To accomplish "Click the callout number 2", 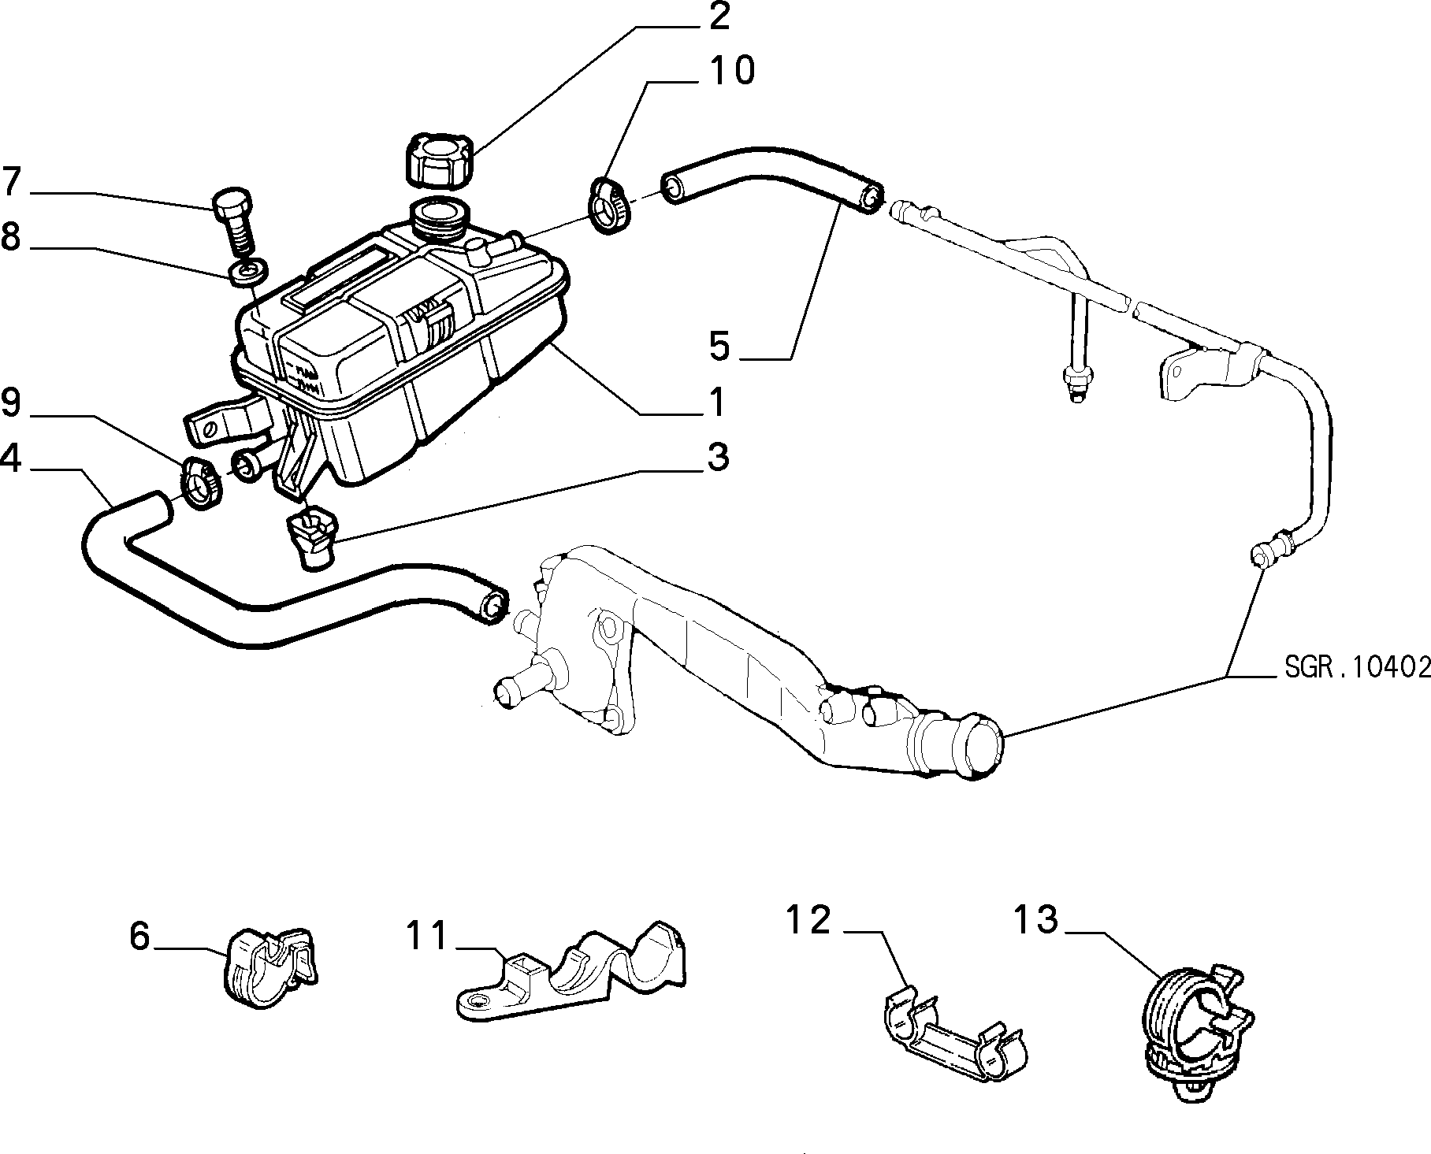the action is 718,17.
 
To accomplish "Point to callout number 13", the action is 1035,920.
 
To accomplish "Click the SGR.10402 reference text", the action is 1357,667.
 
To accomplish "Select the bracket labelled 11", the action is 571,971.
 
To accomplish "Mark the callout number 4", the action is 11,458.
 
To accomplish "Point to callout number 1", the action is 716,402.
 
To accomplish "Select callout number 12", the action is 808,920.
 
